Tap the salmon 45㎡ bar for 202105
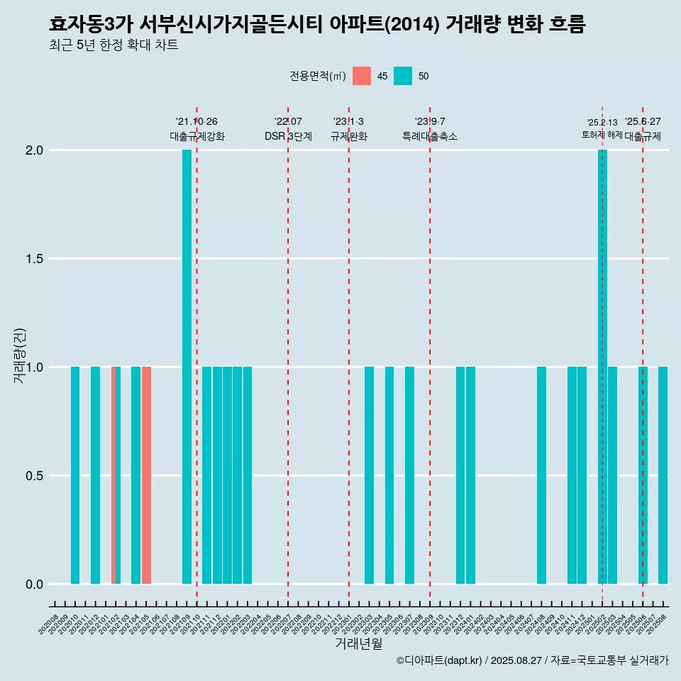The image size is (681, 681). point(146,475)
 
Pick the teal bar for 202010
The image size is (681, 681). point(75,475)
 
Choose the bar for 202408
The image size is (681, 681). point(541,475)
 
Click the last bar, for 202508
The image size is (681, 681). point(663,475)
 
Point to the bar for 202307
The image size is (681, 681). point(409,475)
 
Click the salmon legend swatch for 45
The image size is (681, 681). point(362,76)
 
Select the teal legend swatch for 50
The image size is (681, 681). point(403,76)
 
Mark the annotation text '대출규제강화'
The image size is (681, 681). point(197,136)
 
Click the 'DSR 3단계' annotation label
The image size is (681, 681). point(288,136)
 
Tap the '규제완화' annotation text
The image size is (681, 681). point(349,136)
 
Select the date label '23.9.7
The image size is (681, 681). point(430,121)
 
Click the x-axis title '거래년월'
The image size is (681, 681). point(358,643)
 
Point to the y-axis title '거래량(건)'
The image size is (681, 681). point(19,355)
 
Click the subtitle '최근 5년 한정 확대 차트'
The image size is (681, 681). point(113,45)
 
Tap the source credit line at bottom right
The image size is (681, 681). point(532,660)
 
